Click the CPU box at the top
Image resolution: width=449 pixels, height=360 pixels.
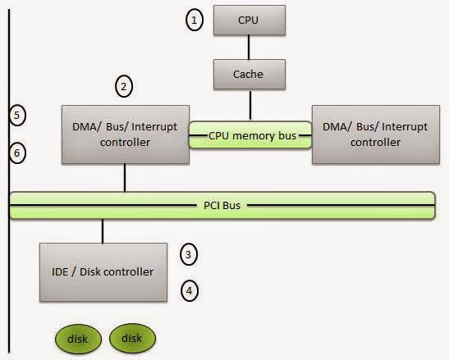pyautogui.click(x=247, y=20)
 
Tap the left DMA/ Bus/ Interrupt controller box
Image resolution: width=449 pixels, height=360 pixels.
pyautogui.click(x=125, y=134)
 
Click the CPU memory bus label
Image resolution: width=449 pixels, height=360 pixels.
pyautogui.click(x=250, y=134)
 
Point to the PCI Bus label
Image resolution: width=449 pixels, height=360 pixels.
pyautogui.click(x=222, y=205)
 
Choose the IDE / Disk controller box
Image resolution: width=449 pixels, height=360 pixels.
pyautogui.click(x=102, y=271)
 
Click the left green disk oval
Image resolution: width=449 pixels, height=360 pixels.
pyautogui.click(x=77, y=337)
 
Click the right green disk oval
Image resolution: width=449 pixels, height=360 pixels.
pyautogui.click(x=131, y=337)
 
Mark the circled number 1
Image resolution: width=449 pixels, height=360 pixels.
pyautogui.click(x=194, y=21)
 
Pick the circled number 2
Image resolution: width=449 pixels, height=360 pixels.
pyautogui.click(x=124, y=85)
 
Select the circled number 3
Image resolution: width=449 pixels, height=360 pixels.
pyautogui.click(x=189, y=255)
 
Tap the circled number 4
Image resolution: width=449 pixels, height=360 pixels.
pyautogui.click(x=189, y=289)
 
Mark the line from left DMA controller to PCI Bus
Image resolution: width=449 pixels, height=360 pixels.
pyautogui.click(x=125, y=176)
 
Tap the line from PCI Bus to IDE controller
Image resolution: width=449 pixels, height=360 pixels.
pyautogui.click(x=102, y=230)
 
